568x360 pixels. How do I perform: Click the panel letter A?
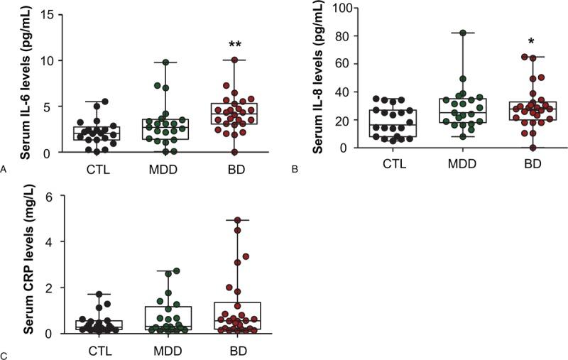click(x=5, y=169)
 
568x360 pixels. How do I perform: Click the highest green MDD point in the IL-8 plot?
click(x=463, y=33)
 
